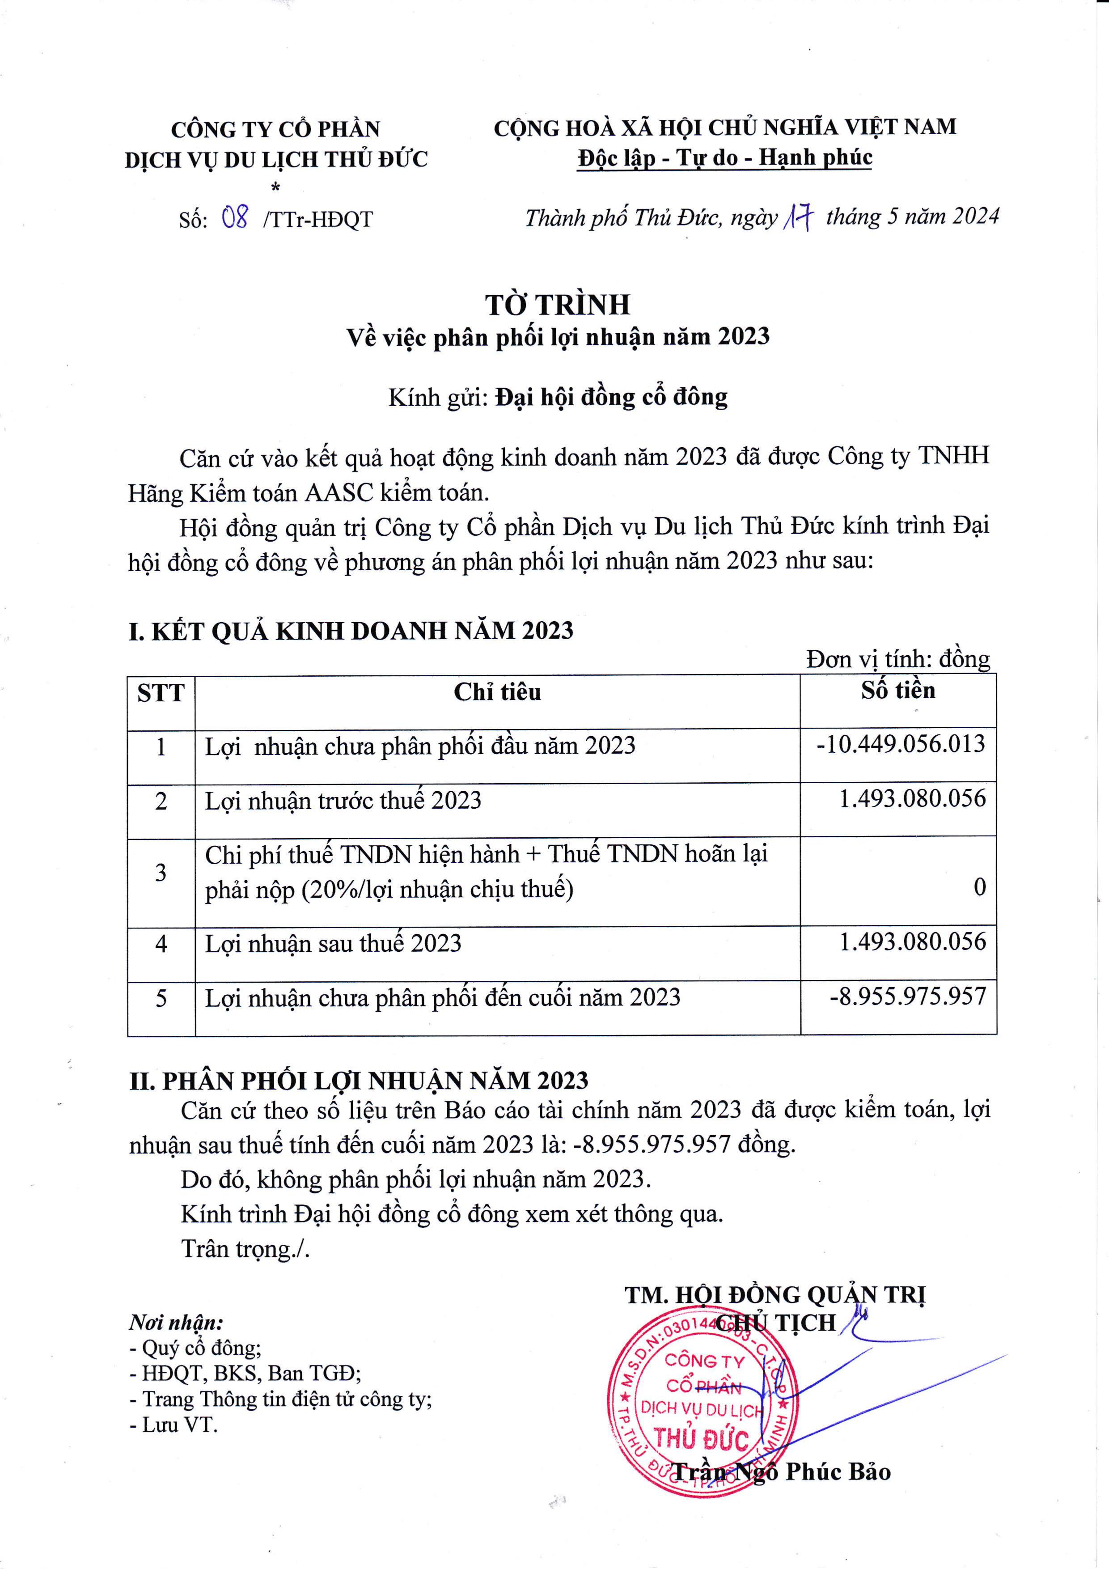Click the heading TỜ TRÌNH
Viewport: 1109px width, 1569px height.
pyautogui.click(x=558, y=305)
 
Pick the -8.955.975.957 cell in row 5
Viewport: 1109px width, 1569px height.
pyautogui.click(x=907, y=997)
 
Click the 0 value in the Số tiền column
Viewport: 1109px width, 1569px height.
pyautogui.click(x=979, y=887)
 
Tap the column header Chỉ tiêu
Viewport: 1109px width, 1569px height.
pyautogui.click(x=497, y=692)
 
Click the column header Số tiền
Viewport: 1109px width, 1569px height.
pyautogui.click(x=898, y=691)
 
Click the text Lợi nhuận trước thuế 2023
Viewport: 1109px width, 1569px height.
pyautogui.click(x=343, y=800)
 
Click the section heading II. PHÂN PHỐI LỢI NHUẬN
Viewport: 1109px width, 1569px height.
pyautogui.click(x=359, y=1081)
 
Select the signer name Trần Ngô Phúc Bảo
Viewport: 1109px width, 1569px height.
pyautogui.click(x=782, y=1471)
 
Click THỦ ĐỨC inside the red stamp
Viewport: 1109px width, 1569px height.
pyautogui.click(x=701, y=1439)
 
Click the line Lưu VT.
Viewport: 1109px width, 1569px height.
pyautogui.click(x=174, y=1425)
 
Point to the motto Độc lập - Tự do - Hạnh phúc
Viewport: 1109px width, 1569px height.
pyautogui.click(x=724, y=158)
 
